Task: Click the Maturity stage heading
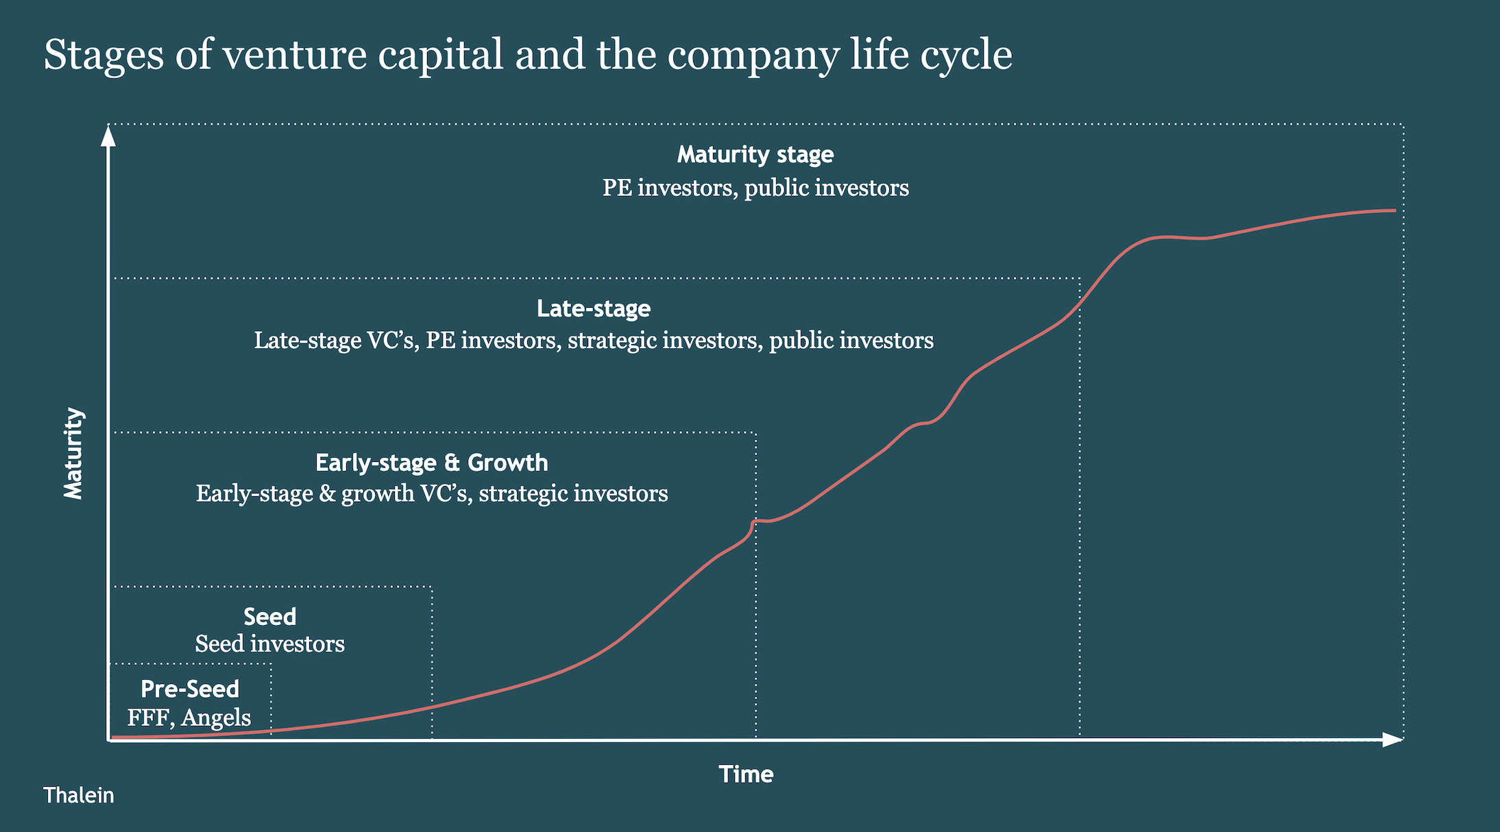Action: (x=755, y=155)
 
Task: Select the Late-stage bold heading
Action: (x=593, y=309)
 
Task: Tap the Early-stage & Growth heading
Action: (x=431, y=463)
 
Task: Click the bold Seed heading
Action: (x=269, y=617)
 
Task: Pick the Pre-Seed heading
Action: (x=189, y=689)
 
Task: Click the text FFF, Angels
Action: (x=189, y=718)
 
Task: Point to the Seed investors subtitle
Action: (x=269, y=644)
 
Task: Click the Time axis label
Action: (x=746, y=774)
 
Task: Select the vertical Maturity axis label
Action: (x=73, y=454)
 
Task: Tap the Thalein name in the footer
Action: (x=78, y=795)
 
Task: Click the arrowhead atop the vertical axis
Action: (x=108, y=135)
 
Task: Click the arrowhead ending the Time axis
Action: (x=1392, y=739)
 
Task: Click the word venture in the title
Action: (x=295, y=55)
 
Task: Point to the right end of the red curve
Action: (x=1395, y=210)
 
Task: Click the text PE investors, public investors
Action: (x=755, y=188)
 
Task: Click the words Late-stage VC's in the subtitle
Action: (x=336, y=341)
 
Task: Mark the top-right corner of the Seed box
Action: (x=432, y=587)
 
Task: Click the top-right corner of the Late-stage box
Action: (x=1080, y=278)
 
